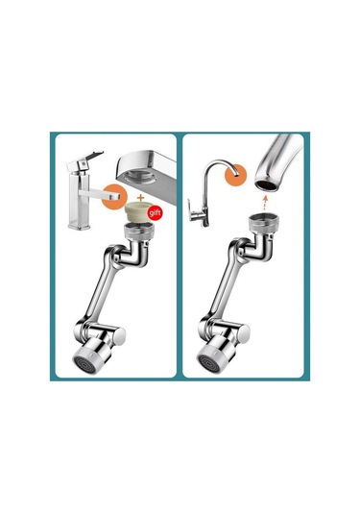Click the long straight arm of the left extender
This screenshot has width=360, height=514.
click(x=101, y=298)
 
